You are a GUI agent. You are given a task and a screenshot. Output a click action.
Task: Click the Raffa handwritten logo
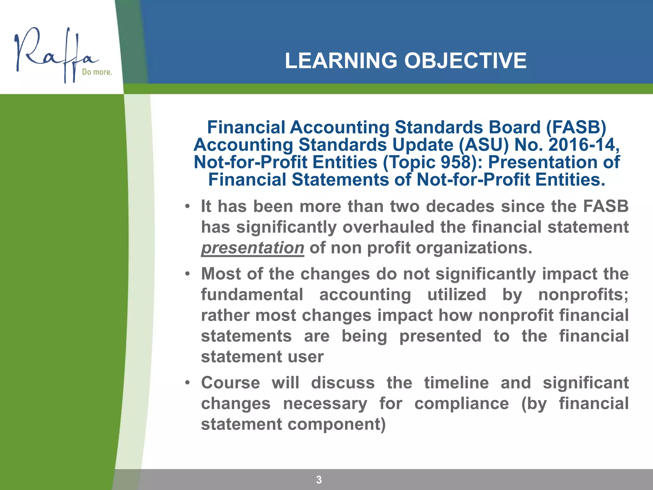(x=54, y=54)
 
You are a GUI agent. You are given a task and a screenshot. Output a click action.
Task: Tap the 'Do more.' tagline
(x=97, y=72)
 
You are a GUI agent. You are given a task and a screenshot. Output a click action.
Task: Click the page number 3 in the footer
(x=319, y=479)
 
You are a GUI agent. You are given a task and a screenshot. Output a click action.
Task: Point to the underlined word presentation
(x=253, y=248)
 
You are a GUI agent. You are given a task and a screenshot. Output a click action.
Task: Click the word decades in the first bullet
(x=460, y=206)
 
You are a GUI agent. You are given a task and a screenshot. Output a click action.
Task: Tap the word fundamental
(x=252, y=294)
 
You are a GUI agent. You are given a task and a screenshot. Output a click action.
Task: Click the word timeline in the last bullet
(x=456, y=383)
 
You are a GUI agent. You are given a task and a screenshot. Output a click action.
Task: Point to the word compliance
(x=461, y=404)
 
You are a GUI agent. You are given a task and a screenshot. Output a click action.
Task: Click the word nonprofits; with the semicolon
(x=583, y=294)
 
